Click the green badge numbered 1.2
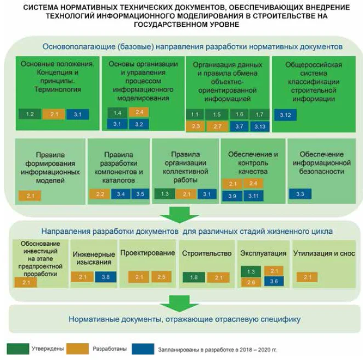(30, 114)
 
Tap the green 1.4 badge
(117, 113)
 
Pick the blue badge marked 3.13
(260, 126)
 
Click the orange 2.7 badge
(217, 126)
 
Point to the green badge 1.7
(260, 114)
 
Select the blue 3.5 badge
(140, 194)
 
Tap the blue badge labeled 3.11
(253, 196)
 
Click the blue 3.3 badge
(300, 194)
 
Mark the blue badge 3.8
(105, 277)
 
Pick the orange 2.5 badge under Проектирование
(162, 277)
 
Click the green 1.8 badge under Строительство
(194, 278)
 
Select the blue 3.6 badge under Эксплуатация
(274, 281)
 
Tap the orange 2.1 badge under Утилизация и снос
(307, 277)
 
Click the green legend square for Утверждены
(18, 349)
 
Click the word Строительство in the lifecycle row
(206, 254)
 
